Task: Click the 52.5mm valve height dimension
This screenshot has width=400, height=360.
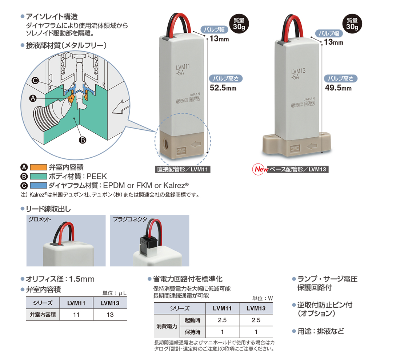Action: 223,88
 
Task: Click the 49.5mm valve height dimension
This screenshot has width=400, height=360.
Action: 338,88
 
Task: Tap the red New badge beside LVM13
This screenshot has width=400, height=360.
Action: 260,169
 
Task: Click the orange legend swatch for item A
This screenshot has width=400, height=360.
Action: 38,167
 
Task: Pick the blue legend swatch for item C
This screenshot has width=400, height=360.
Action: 38,185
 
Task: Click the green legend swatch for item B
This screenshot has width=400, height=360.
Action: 38,176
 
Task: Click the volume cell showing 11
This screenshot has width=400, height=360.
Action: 76,315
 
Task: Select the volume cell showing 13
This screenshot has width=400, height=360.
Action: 110,315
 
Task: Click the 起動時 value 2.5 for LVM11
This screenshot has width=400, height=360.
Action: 222,320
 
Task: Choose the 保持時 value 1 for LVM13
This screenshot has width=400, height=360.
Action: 256,332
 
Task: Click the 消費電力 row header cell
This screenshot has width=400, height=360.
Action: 167,326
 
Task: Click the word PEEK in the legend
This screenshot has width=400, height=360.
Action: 97,176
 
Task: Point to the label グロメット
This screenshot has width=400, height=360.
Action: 40,219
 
